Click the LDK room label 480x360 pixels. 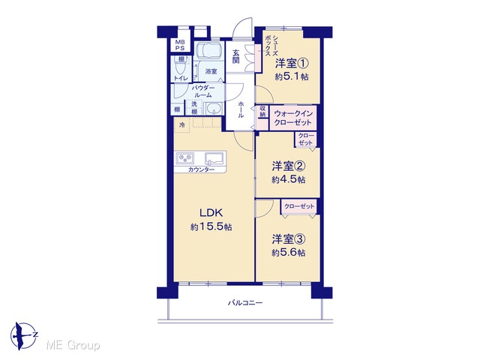click(211, 212)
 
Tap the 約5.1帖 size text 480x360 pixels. click(292, 76)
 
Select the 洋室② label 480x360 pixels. click(288, 166)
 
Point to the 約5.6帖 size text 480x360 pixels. click(288, 253)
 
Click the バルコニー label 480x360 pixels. click(245, 303)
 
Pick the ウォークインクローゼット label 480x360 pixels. click(293, 118)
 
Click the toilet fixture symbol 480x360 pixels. click(180, 65)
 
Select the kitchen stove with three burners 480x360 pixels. click(185, 158)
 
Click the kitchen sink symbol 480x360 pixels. click(215, 159)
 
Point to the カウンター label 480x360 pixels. click(201, 170)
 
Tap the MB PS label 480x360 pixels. click(180, 45)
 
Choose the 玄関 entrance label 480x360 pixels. click(235, 57)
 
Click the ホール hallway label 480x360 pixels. click(241, 109)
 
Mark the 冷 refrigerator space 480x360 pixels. click(182, 125)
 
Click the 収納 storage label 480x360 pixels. click(262, 112)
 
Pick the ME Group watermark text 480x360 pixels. click(73, 346)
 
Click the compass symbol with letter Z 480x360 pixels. click(24, 336)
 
